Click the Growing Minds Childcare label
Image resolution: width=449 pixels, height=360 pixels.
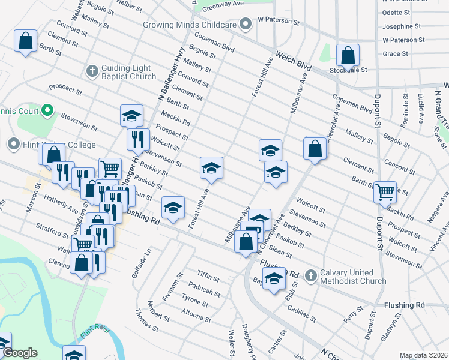point(189,25)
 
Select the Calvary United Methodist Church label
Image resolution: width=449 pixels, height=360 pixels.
point(353,276)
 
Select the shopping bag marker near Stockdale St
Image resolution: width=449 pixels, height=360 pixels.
point(348,56)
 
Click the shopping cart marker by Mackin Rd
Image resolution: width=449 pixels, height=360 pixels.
point(385,192)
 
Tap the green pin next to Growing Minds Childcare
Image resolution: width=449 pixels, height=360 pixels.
point(245,25)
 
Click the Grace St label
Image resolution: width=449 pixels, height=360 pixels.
point(395,54)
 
